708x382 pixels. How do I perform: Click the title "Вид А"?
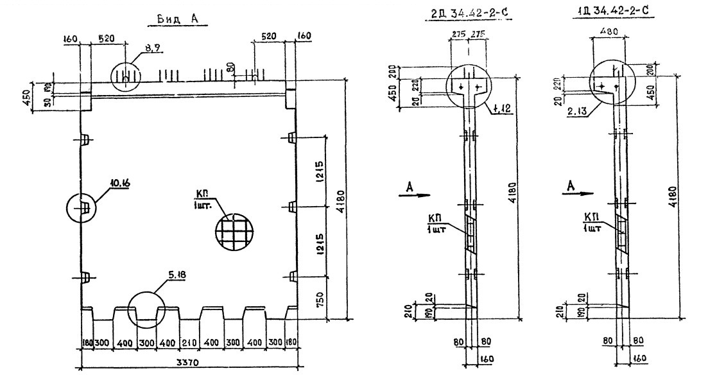175,19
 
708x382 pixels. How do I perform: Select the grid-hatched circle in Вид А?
234,230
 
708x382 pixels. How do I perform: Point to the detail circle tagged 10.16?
82,208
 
